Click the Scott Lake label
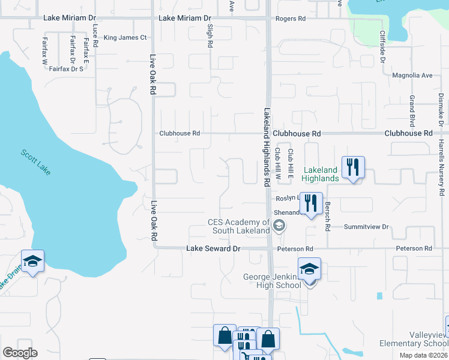(x=36, y=162)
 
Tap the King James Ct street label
(x=125, y=38)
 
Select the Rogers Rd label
(x=291, y=19)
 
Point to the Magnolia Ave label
(x=412, y=75)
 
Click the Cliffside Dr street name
(x=382, y=46)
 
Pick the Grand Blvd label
(x=412, y=110)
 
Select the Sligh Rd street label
(x=210, y=36)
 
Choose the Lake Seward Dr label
(x=213, y=248)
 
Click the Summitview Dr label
(x=367, y=227)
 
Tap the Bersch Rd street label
(x=328, y=217)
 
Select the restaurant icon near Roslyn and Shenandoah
(x=310, y=203)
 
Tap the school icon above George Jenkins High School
(x=309, y=268)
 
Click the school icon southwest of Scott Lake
(x=32, y=260)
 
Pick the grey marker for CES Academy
(x=278, y=226)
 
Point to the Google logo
(x=20, y=353)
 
